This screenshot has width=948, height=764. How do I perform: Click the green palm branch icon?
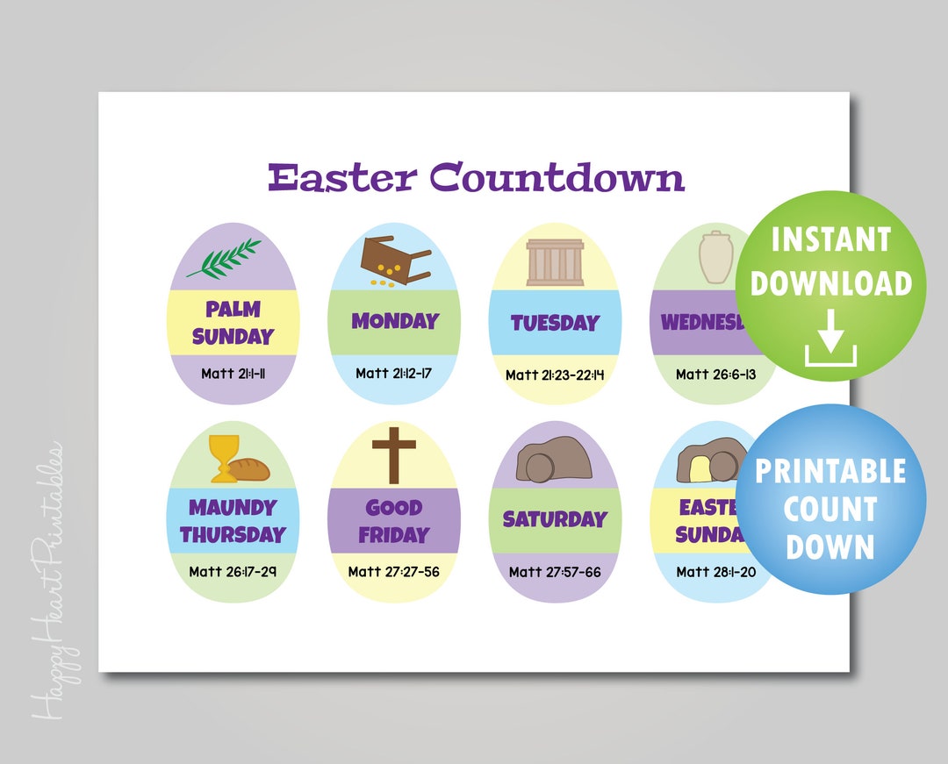(x=229, y=258)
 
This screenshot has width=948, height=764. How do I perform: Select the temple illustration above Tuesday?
(x=555, y=262)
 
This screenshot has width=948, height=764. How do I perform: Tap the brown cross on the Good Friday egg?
(x=393, y=455)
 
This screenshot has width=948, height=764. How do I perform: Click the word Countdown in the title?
(x=557, y=177)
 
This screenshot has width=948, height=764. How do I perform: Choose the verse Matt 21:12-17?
(x=393, y=374)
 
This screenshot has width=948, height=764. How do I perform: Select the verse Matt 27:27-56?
(x=393, y=572)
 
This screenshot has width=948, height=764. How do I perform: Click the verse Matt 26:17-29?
(x=233, y=572)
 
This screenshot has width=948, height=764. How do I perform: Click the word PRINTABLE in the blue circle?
(x=830, y=472)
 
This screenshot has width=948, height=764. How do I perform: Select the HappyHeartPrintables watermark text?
(x=49, y=579)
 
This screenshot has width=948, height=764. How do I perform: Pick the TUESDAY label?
(x=555, y=323)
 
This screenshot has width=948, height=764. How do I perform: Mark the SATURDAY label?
(x=555, y=519)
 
